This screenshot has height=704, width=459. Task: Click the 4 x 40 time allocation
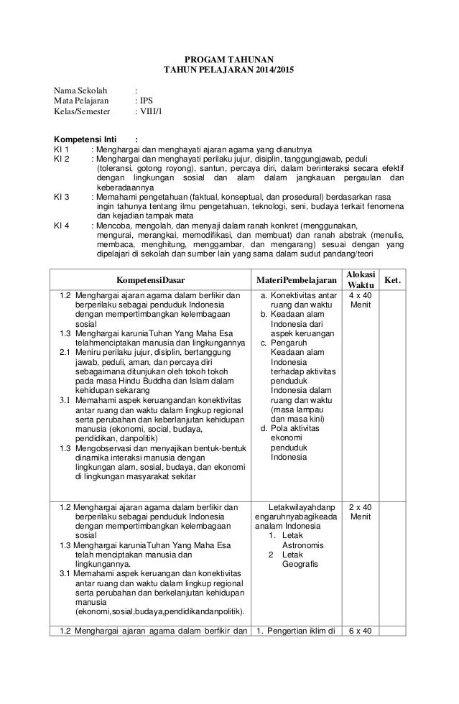click(360, 295)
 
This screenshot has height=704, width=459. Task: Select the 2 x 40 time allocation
click(360, 507)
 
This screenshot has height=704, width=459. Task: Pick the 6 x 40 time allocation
click(360, 631)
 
